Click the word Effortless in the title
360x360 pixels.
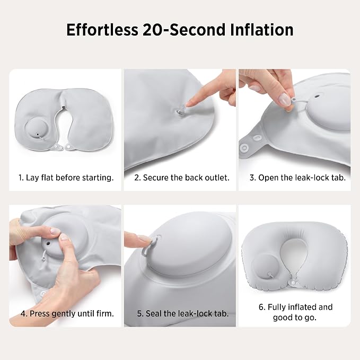click(102, 30)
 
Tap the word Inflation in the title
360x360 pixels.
click(261, 30)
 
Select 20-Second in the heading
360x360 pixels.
click(184, 30)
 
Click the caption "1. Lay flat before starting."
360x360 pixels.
click(66, 178)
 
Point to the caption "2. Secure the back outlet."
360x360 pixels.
click(182, 178)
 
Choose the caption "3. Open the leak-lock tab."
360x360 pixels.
click(297, 178)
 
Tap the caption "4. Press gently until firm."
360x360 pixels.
click(67, 313)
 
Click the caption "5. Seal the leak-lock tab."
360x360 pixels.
click(183, 313)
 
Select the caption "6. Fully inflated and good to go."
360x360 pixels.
click(295, 312)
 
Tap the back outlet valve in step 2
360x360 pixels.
click(180, 112)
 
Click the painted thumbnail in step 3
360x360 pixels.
click(285, 99)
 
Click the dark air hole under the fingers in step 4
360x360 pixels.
click(48, 243)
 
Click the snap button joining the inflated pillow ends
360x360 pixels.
click(293, 282)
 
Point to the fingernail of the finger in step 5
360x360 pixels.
click(145, 239)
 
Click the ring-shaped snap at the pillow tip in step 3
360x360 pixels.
click(243, 147)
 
